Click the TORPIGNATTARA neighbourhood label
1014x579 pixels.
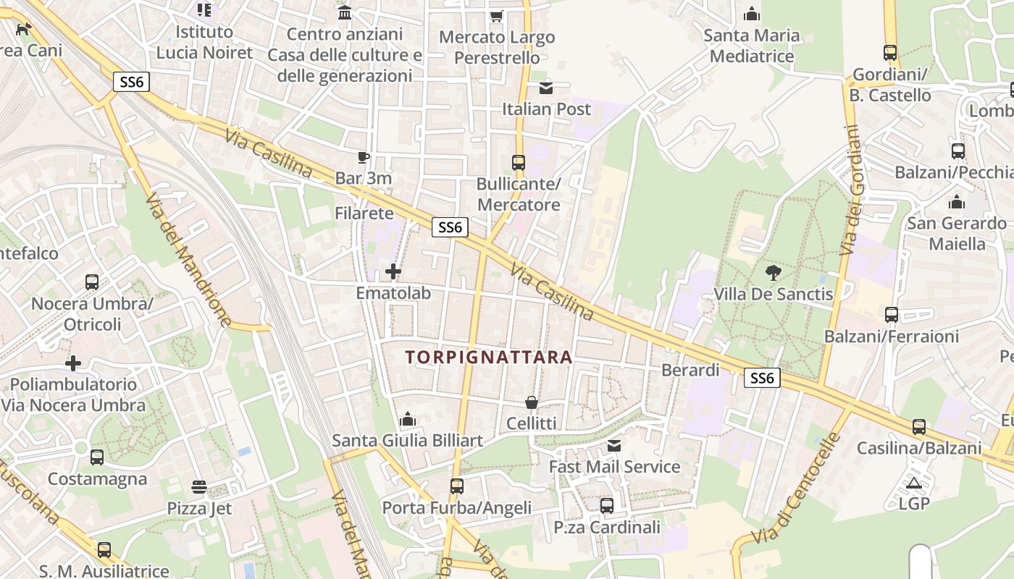[x=489, y=357]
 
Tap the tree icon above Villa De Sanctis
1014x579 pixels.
[x=774, y=273]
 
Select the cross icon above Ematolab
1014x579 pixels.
[x=393, y=271]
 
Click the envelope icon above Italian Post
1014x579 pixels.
[x=546, y=88]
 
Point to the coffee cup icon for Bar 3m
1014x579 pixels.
[x=364, y=157]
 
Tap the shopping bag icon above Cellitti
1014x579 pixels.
[x=532, y=402]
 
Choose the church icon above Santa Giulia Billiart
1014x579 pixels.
[x=408, y=419]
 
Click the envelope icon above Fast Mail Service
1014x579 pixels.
[x=614, y=446]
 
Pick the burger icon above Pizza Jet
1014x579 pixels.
[x=199, y=487]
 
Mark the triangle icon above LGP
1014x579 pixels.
[x=913, y=483]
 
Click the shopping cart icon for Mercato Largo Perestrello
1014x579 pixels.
[x=496, y=16]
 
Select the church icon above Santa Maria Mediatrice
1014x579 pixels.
[x=752, y=14]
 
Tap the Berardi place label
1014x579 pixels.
[x=690, y=371]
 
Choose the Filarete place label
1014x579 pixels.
[x=364, y=214]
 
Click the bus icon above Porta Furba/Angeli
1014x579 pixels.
[x=456, y=486]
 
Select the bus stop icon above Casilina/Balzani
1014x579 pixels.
[x=918, y=427]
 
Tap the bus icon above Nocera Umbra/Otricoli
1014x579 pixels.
[x=92, y=282]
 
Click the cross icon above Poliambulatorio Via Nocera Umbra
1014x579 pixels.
[x=73, y=363]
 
